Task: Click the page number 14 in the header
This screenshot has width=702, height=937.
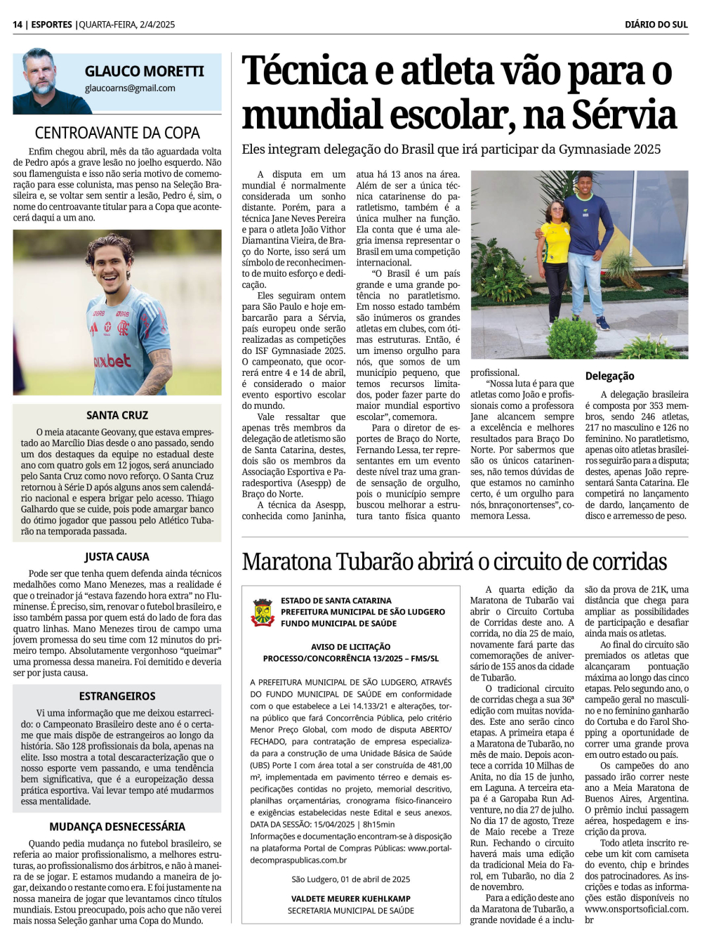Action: pyautogui.click(x=18, y=25)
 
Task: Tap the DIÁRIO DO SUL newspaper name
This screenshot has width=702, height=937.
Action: pyautogui.click(x=656, y=25)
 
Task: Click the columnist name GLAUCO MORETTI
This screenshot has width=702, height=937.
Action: pyautogui.click(x=144, y=72)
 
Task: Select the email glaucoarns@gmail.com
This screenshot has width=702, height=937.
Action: pyautogui.click(x=130, y=89)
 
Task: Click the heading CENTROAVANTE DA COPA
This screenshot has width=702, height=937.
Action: pyautogui.click(x=117, y=133)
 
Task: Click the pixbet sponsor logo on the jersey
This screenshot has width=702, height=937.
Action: pyautogui.click(x=112, y=362)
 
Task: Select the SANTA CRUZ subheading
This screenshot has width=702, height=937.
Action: pyautogui.click(x=117, y=415)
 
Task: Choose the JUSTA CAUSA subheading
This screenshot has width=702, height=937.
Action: pyautogui.click(x=117, y=557)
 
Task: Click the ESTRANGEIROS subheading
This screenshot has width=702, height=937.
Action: pyautogui.click(x=117, y=696)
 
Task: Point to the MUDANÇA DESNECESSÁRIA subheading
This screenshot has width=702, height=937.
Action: pyautogui.click(x=117, y=827)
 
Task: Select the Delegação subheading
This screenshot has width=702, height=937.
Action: pyautogui.click(x=609, y=376)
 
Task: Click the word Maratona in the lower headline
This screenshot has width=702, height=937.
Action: pyautogui.click(x=286, y=562)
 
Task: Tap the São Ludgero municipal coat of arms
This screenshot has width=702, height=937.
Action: pyautogui.click(x=263, y=612)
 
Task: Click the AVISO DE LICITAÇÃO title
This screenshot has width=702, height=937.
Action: pyautogui.click(x=350, y=647)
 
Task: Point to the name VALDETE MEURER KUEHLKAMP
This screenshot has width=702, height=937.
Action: pyautogui.click(x=350, y=898)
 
